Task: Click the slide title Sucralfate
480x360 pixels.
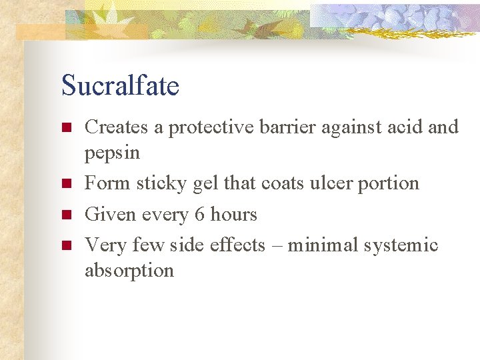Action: pyautogui.click(x=120, y=87)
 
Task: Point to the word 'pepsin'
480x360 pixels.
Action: pyautogui.click(x=112, y=153)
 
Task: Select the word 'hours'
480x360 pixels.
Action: pyautogui.click(x=233, y=215)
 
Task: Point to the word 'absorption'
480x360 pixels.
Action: pyautogui.click(x=129, y=271)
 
